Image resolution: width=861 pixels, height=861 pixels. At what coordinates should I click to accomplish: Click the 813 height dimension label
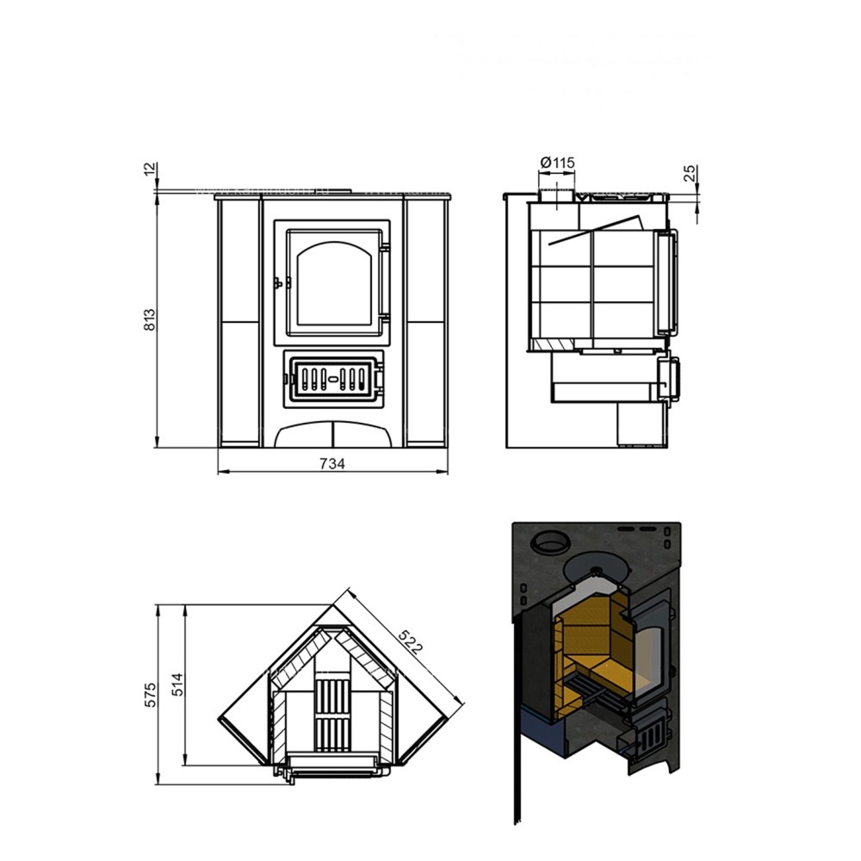[x=149, y=319]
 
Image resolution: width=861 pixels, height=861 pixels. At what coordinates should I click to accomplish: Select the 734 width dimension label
[x=332, y=464]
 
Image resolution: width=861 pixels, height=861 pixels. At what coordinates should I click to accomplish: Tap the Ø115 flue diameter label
[x=557, y=163]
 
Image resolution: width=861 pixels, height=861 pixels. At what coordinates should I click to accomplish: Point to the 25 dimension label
[x=691, y=173]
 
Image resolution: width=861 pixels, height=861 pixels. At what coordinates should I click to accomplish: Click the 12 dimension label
[x=150, y=169]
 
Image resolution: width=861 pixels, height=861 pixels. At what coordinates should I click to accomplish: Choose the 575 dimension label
[x=150, y=695]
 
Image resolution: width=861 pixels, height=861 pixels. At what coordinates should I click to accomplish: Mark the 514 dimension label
[x=177, y=684]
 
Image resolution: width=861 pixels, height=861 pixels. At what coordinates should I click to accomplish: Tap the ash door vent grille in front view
[x=332, y=378]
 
